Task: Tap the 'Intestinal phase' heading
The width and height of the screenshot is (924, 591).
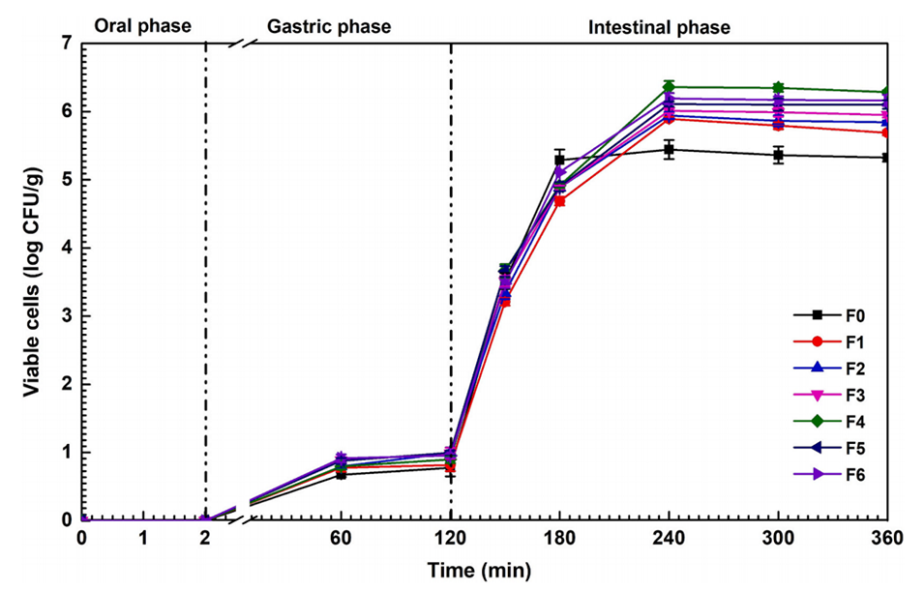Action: [x=659, y=26]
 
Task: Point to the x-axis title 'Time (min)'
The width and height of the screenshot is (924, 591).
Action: [x=480, y=571]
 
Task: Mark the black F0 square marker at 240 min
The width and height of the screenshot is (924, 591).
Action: [x=669, y=150]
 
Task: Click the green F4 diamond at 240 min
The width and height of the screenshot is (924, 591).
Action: [x=669, y=87]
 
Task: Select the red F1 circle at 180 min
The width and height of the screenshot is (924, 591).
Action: [x=559, y=201]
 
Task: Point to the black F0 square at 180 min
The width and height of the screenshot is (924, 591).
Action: [x=559, y=160]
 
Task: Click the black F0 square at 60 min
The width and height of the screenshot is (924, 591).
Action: [x=340, y=474]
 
